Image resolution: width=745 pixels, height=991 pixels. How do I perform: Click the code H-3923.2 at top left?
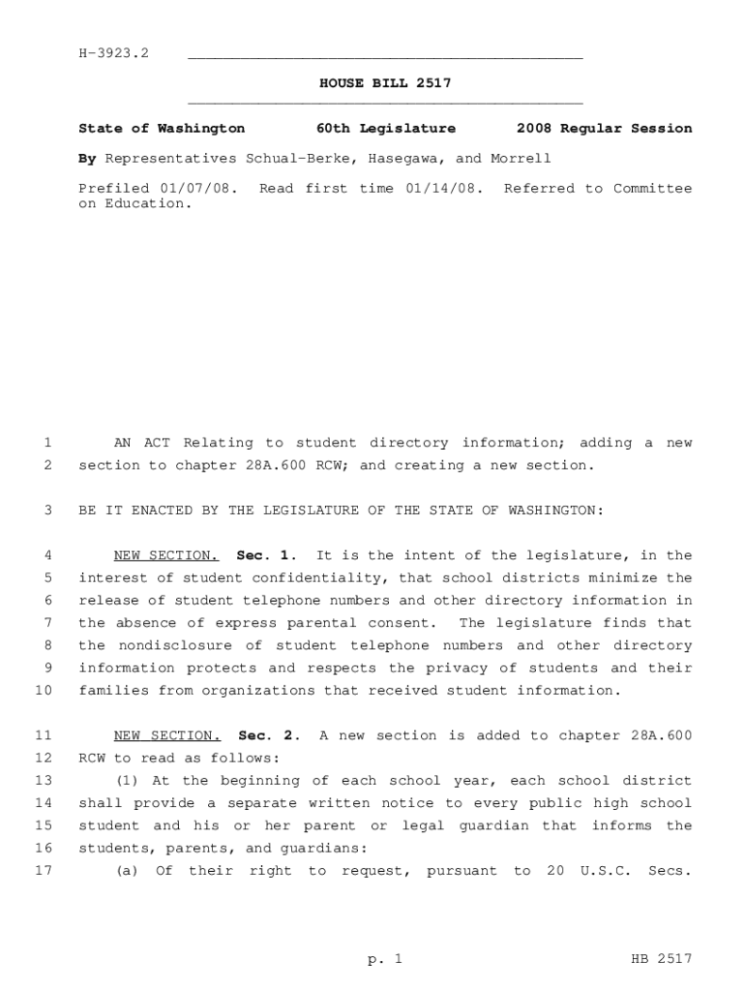[x=113, y=52]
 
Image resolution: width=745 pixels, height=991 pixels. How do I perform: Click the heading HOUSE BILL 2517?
[x=385, y=84]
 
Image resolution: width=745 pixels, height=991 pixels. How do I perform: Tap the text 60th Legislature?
[x=386, y=129]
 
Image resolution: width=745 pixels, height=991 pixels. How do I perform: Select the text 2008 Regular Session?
[x=604, y=129]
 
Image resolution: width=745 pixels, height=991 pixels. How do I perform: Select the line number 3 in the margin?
[x=46, y=510]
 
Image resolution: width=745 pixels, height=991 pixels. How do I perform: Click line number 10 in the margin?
[x=43, y=691]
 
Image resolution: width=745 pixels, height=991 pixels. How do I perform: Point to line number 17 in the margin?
[x=43, y=871]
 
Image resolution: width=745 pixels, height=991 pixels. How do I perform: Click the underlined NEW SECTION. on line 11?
[x=166, y=736]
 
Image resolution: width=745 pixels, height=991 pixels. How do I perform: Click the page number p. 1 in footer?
[x=384, y=959]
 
